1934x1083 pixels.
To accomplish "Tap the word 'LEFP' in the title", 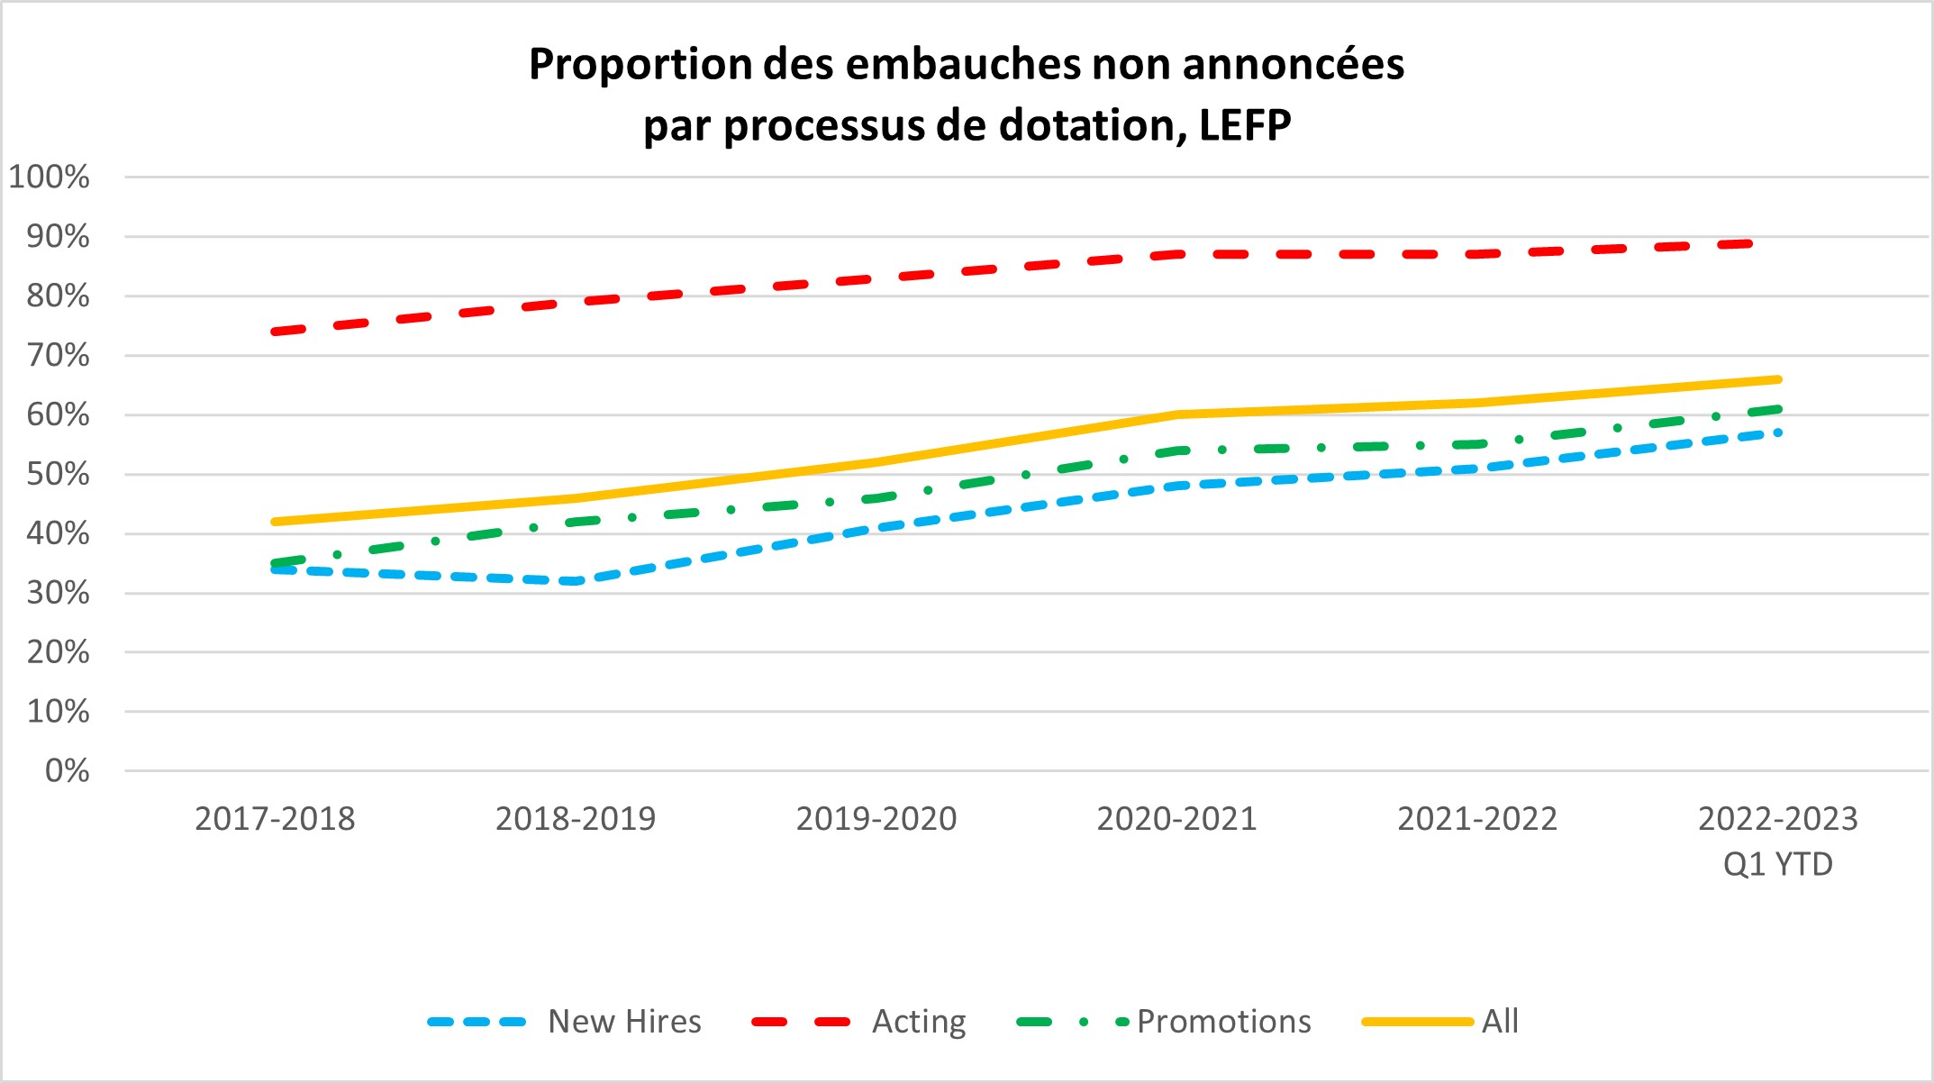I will (x=1245, y=125).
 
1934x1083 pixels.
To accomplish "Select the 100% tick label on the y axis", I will (x=50, y=177).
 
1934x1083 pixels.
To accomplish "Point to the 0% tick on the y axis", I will (x=68, y=770).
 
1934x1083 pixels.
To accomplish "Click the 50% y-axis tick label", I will (x=58, y=474).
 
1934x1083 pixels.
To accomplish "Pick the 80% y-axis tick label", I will (x=58, y=296).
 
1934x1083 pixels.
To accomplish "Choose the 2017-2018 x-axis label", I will (x=275, y=818).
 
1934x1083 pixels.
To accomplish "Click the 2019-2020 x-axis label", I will (x=876, y=818).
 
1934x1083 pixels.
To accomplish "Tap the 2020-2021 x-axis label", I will (x=1176, y=818).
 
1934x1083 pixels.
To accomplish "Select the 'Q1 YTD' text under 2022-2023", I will (x=1777, y=864).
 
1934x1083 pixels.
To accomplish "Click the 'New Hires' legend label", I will (x=624, y=1021).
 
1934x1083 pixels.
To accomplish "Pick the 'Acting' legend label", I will (x=919, y=1021).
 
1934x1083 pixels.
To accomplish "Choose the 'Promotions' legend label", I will (x=1223, y=1021).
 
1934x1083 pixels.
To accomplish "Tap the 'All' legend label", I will (x=1500, y=1021).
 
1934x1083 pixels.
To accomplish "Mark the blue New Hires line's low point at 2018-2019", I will (x=576, y=581).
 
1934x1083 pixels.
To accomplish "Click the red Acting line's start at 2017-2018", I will (x=275, y=332).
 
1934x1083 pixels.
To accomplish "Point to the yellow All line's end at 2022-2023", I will (x=1777, y=379).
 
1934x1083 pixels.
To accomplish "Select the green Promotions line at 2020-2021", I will (x=1176, y=450).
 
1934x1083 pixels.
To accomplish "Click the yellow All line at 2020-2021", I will (x=1176, y=414).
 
